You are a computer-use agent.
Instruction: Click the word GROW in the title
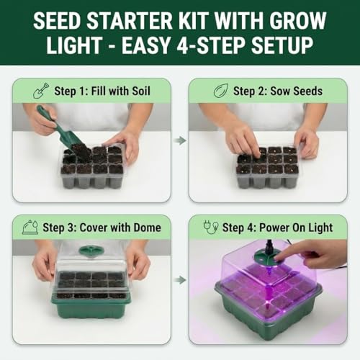297,21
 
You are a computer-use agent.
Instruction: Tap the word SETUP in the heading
282,45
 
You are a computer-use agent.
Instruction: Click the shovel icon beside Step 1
41,91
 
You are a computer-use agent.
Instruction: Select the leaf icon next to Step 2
220,91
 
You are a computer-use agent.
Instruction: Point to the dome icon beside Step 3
30,227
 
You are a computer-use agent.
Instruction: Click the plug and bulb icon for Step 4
211,228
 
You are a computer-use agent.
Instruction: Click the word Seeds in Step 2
308,91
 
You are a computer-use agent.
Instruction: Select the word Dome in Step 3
147,228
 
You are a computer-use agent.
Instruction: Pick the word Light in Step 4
320,228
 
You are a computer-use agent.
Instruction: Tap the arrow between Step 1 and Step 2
180,140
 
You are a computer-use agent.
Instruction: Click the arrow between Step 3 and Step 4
180,279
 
